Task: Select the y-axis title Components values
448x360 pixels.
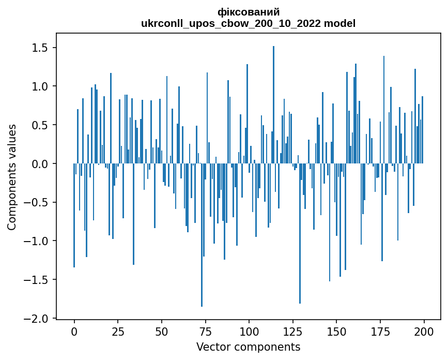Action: click(x=12, y=177)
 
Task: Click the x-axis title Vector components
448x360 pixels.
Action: click(x=248, y=347)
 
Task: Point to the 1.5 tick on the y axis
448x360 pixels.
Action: click(x=41, y=48)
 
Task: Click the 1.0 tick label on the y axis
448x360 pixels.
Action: click(x=41, y=86)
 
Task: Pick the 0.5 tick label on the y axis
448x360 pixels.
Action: click(x=41, y=125)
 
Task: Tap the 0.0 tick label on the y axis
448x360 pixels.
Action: click(x=41, y=164)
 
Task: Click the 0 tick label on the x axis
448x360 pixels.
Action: click(x=74, y=331)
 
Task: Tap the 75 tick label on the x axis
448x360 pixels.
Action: click(x=206, y=331)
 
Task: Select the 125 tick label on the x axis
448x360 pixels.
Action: click(x=293, y=331)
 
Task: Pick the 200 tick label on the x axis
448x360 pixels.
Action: click(x=424, y=331)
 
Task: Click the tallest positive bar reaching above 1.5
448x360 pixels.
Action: click(x=273, y=103)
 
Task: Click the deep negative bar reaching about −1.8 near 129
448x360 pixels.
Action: click(x=300, y=233)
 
